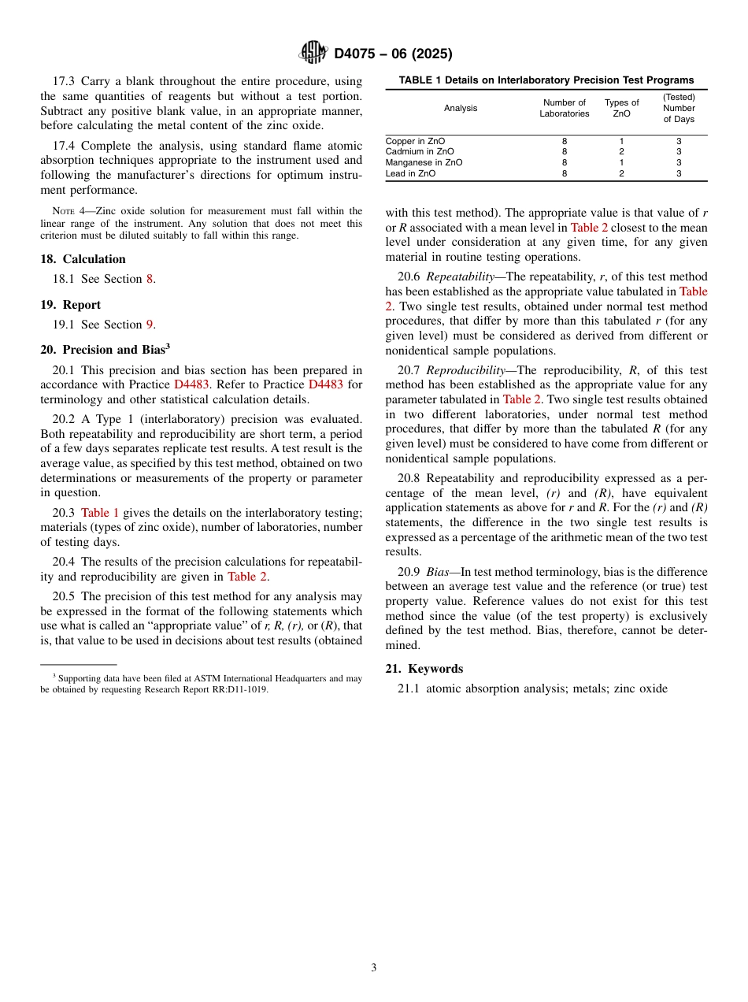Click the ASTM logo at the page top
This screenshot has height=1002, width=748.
[313, 53]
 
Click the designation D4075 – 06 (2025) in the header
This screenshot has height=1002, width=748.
[393, 54]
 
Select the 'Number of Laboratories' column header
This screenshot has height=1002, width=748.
[564, 108]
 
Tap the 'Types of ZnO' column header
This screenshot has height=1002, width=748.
[621, 108]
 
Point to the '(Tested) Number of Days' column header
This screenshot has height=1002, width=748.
[678, 108]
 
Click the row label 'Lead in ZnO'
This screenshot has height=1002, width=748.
[410, 173]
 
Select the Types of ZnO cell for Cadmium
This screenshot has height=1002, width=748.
[621, 152]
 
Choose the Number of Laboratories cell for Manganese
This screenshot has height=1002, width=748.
[564, 162]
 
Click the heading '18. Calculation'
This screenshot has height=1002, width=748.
[83, 259]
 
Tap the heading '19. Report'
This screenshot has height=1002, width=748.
[70, 305]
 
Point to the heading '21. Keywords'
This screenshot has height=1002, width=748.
[424, 669]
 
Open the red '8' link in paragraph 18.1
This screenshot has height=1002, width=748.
[150, 279]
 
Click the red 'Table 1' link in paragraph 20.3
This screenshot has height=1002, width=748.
[100, 512]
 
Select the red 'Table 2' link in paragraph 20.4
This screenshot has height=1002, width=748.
[246, 577]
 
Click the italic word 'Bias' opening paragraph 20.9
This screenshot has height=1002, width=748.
[438, 572]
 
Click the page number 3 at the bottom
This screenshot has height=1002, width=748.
[374, 967]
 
